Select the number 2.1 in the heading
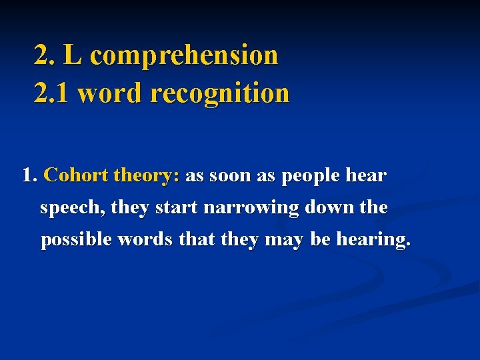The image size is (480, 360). (52, 93)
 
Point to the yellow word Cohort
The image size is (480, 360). (76, 176)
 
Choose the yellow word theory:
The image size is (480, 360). (147, 176)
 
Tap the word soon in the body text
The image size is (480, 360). (230, 176)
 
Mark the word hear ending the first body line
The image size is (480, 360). (367, 176)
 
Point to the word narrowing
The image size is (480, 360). (252, 208)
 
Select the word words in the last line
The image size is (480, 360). (141, 239)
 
